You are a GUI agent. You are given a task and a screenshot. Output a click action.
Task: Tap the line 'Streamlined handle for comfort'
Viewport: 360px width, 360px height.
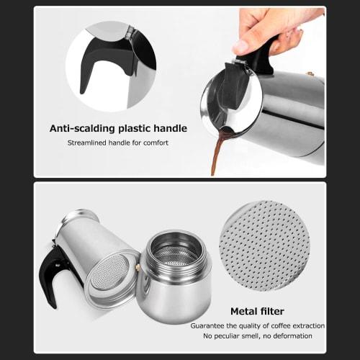click(118, 143)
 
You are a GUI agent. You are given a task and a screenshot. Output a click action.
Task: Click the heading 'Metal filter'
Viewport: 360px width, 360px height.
click(257, 312)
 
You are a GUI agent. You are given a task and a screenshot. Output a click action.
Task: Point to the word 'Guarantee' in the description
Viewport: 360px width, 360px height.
click(210, 325)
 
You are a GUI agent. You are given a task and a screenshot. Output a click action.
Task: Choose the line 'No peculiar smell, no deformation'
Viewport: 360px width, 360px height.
click(257, 336)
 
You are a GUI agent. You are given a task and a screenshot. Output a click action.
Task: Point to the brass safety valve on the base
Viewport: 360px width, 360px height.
click(138, 267)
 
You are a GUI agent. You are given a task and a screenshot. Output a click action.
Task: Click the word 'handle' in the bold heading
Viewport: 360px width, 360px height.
click(169, 129)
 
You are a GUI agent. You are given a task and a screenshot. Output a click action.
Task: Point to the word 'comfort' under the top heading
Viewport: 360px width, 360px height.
click(156, 143)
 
